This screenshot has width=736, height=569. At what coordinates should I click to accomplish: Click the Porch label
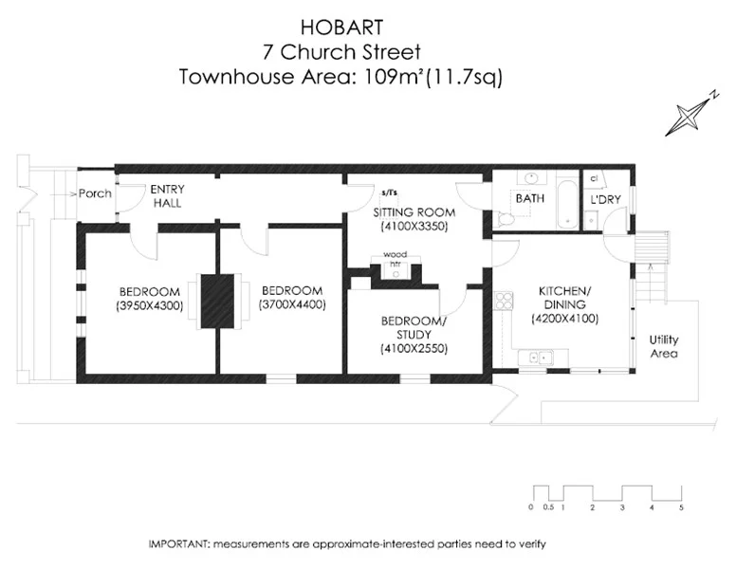coord(95,193)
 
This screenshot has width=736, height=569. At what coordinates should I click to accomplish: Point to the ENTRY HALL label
coord(168,196)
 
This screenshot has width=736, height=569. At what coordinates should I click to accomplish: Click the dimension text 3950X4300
coord(149,305)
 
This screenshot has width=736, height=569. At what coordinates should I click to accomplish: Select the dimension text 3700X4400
coord(292,305)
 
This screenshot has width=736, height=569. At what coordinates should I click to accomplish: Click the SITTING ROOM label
coord(414,211)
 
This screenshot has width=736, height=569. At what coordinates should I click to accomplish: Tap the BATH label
coord(529,199)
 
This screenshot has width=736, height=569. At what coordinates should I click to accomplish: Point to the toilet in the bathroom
coord(506,218)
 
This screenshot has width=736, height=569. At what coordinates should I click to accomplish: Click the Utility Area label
coord(663,346)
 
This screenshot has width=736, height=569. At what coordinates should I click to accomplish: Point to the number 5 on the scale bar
coord(681,508)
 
